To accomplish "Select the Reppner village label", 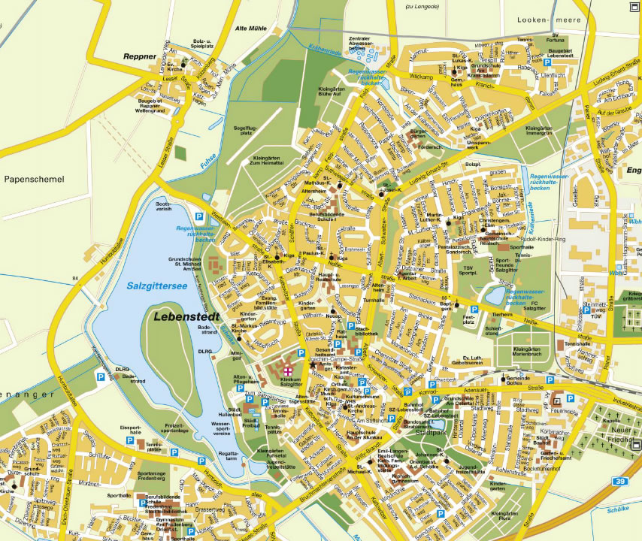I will (140, 56).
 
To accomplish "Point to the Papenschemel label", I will (35, 180).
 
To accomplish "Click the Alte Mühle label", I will (251, 29).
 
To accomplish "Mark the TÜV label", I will (595, 316).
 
